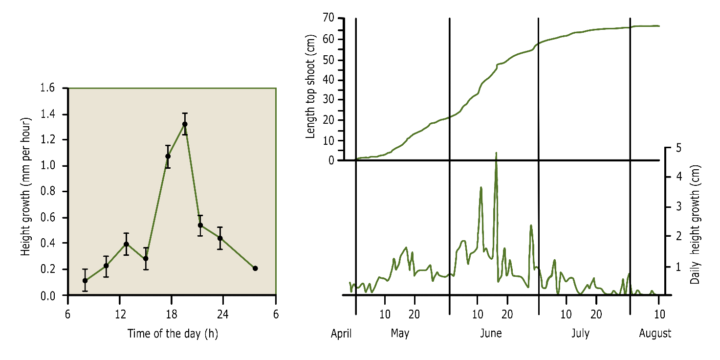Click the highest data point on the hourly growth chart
click(185, 124)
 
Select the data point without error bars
click(255, 268)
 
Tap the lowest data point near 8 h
click(85, 281)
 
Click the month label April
click(341, 334)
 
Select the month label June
click(491, 334)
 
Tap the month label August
click(655, 334)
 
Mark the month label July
click(580, 334)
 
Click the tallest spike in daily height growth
click(496, 153)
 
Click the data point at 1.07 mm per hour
click(168, 157)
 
